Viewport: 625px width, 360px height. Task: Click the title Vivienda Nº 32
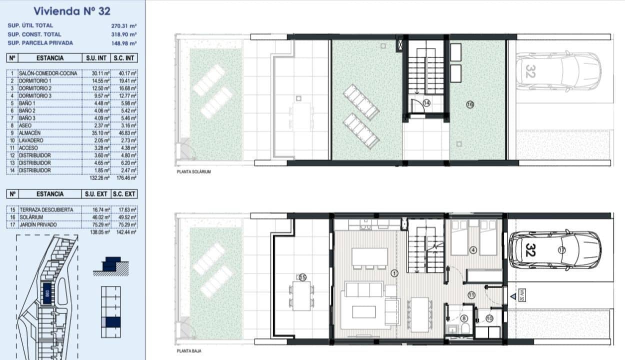coord(72,10)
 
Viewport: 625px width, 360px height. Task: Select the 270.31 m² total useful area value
coord(124,25)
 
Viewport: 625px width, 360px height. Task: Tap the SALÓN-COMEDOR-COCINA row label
coord(48,73)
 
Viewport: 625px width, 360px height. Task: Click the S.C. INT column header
coord(124,58)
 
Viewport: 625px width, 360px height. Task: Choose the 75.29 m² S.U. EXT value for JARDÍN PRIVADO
coord(99,225)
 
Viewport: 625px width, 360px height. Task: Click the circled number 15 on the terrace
coord(302,277)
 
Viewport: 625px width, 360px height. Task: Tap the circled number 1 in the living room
coord(394,273)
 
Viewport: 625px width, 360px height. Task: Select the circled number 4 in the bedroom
coord(473,250)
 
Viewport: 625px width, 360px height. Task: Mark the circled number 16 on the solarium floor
coord(469,104)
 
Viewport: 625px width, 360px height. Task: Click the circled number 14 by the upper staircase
coord(426,103)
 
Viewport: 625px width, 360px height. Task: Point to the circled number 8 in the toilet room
coord(464,318)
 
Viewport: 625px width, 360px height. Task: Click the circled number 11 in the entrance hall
coord(471,295)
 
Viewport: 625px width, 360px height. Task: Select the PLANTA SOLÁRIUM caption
coord(194,171)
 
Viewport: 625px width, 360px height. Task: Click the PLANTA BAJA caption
coord(188,351)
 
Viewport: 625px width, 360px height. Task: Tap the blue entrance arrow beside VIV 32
coord(513,296)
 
